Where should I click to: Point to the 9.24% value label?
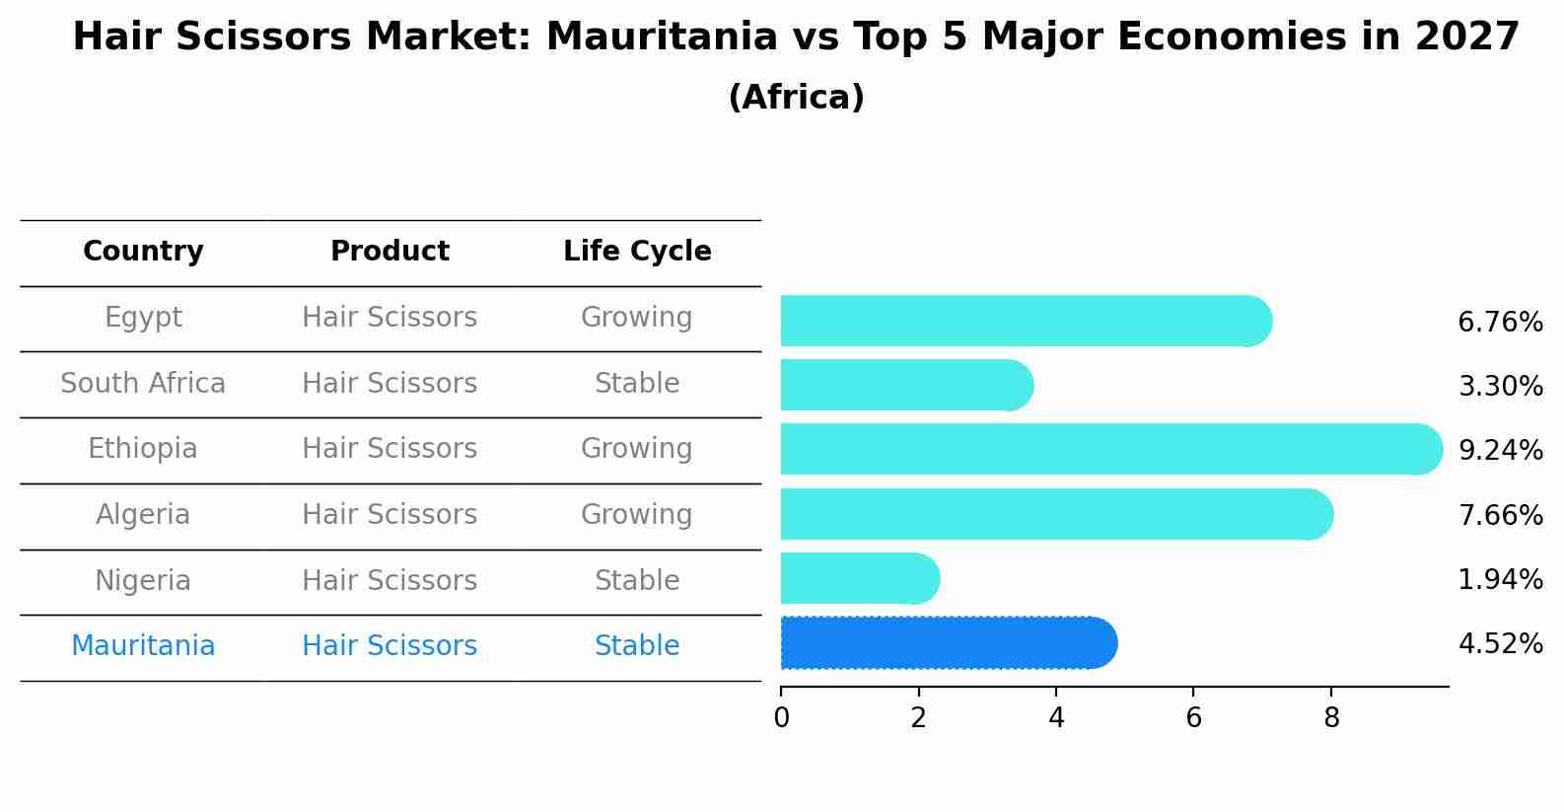click(1500, 451)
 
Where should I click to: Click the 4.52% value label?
click(1500, 644)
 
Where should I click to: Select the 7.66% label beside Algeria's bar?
click(1500, 515)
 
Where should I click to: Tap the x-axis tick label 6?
click(1193, 718)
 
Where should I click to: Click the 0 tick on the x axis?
click(781, 718)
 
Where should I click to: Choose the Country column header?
click(143, 252)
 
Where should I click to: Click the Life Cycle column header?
click(637, 252)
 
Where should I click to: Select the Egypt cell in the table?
click(143, 318)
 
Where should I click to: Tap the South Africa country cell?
click(143, 384)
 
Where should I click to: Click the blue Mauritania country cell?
click(143, 646)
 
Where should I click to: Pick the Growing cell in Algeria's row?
click(636, 515)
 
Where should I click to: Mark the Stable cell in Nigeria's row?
click(636, 581)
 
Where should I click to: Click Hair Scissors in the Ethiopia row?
click(390, 449)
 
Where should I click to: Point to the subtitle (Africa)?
click(796, 98)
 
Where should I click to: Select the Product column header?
click(390, 252)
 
